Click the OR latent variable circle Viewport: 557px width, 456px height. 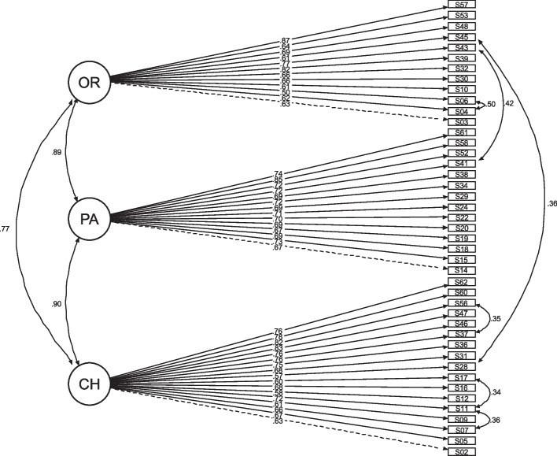pyautogui.click(x=88, y=80)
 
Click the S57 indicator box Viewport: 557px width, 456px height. pyautogui.click(x=462, y=5)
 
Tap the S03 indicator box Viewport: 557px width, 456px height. pyautogui.click(x=462, y=123)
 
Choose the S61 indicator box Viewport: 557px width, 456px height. pyautogui.click(x=462, y=132)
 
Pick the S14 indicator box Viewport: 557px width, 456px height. pyautogui.click(x=462, y=270)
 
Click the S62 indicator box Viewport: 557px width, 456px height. pyautogui.click(x=462, y=282)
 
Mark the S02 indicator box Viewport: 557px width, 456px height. pyautogui.click(x=462, y=451)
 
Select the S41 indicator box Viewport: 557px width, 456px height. pyautogui.click(x=462, y=164)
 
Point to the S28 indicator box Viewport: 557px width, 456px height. pyautogui.click(x=462, y=367)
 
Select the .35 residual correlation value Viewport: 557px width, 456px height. pyautogui.click(x=496, y=320)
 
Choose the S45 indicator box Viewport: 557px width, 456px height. pyautogui.click(x=462, y=37)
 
